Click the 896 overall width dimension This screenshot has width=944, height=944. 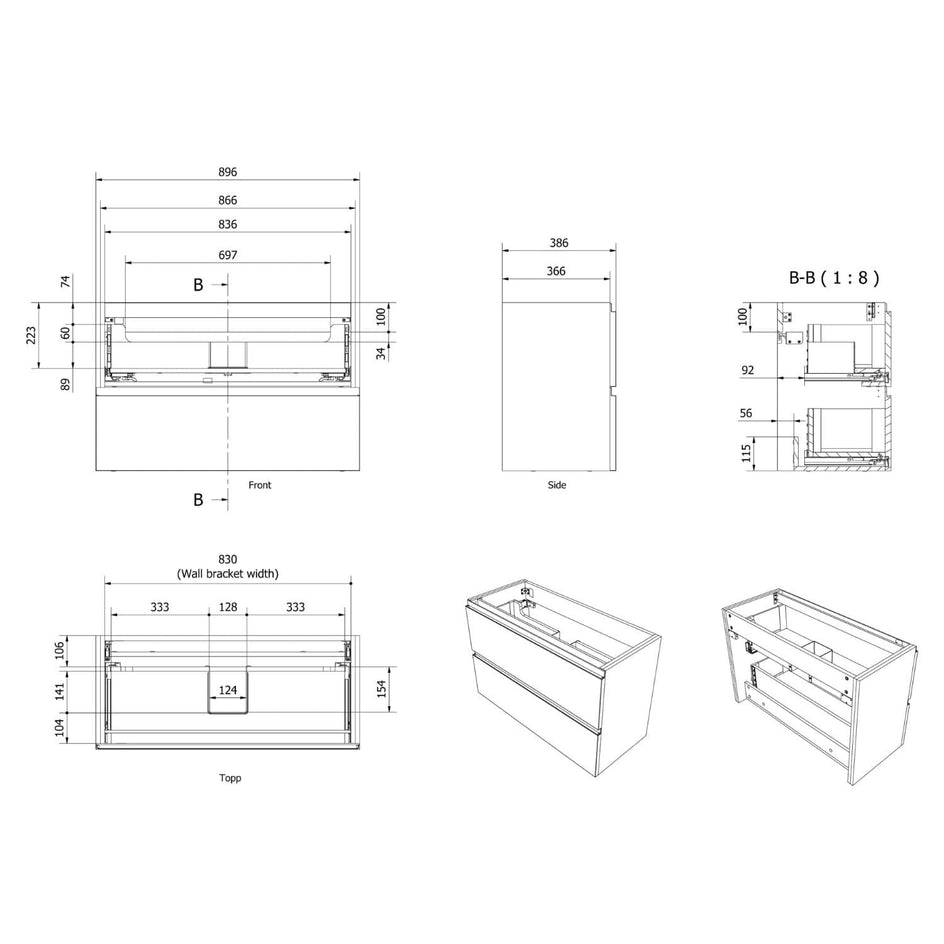228,172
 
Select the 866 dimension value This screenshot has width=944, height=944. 228,200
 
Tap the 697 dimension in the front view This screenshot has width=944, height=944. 228,255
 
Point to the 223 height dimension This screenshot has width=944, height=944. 31,335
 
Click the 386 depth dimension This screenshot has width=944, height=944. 559,243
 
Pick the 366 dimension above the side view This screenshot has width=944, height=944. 556,272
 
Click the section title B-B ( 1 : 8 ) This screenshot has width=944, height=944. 834,278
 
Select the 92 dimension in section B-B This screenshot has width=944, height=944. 747,370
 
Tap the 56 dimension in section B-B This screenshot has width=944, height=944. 746,413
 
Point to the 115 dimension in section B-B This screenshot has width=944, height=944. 747,453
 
